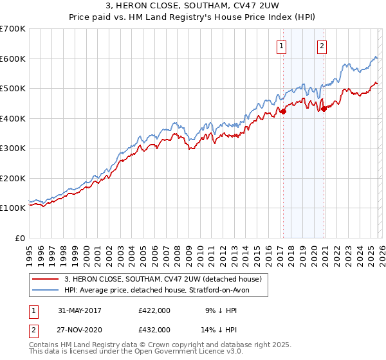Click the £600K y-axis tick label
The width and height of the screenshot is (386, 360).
tap(13, 59)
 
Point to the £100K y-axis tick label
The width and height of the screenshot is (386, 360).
tap(13, 208)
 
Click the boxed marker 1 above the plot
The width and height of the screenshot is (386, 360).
tap(282, 46)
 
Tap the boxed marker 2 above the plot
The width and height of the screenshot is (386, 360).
tap(322, 46)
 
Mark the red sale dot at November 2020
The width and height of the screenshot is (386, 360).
tap(324, 109)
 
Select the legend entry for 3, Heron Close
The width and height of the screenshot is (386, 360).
tap(163, 279)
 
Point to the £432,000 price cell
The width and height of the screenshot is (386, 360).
tap(154, 329)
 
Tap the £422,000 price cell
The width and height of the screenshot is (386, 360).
tap(154, 310)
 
